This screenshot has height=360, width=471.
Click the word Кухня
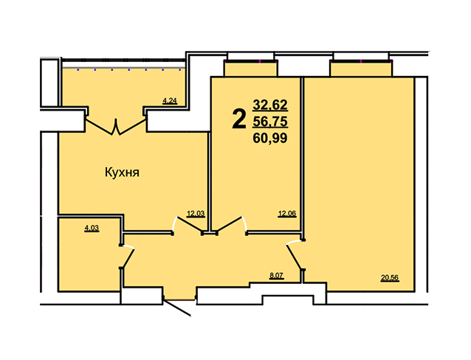click(x=122, y=173)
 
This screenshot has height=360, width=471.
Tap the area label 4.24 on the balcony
click(x=169, y=101)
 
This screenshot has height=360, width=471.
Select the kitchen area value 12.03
click(x=196, y=214)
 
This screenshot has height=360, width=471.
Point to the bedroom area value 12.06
click(x=287, y=214)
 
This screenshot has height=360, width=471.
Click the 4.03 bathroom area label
click(x=92, y=228)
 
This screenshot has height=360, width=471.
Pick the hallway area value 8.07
click(x=276, y=276)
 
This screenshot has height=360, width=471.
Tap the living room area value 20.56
click(x=390, y=278)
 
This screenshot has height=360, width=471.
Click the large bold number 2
click(x=239, y=120)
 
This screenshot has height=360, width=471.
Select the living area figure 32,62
click(x=270, y=105)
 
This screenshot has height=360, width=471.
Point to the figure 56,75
click(x=270, y=122)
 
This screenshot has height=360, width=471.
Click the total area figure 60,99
click(x=270, y=138)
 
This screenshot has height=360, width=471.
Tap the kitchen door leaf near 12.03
click(x=190, y=224)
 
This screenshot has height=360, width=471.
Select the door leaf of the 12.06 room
click(x=229, y=224)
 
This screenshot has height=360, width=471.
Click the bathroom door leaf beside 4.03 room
click(x=128, y=257)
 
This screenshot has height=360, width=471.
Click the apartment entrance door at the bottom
click(x=176, y=307)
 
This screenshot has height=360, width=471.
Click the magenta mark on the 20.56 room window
click(x=361, y=61)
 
